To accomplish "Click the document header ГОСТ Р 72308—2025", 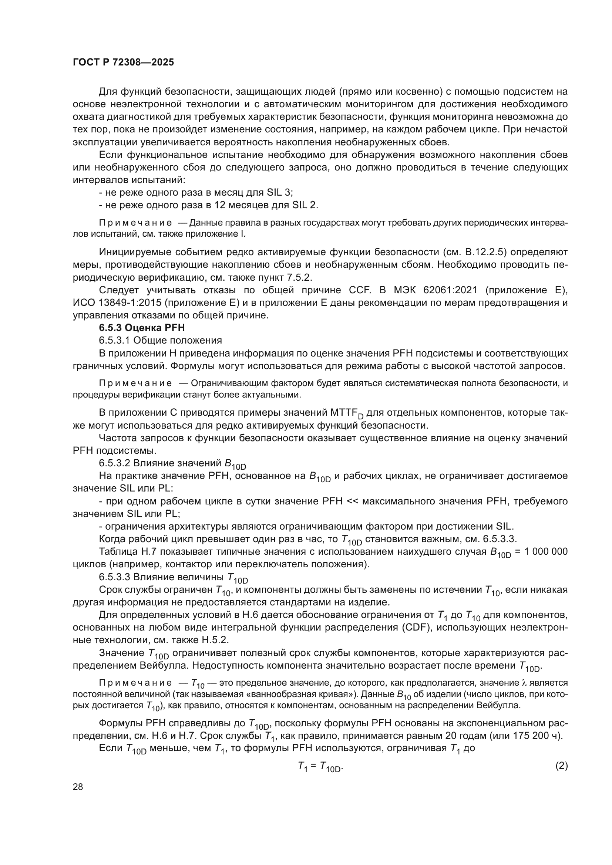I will pyautogui.click(x=123, y=62).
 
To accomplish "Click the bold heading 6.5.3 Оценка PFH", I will pyautogui.click(x=142, y=327).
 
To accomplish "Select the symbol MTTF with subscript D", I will pyautogui.click(x=347, y=413).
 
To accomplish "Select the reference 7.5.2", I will pyautogui.click(x=300, y=277).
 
